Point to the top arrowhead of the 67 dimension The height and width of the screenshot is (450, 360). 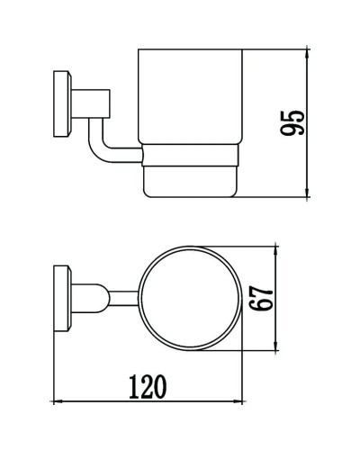pos(275,247)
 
